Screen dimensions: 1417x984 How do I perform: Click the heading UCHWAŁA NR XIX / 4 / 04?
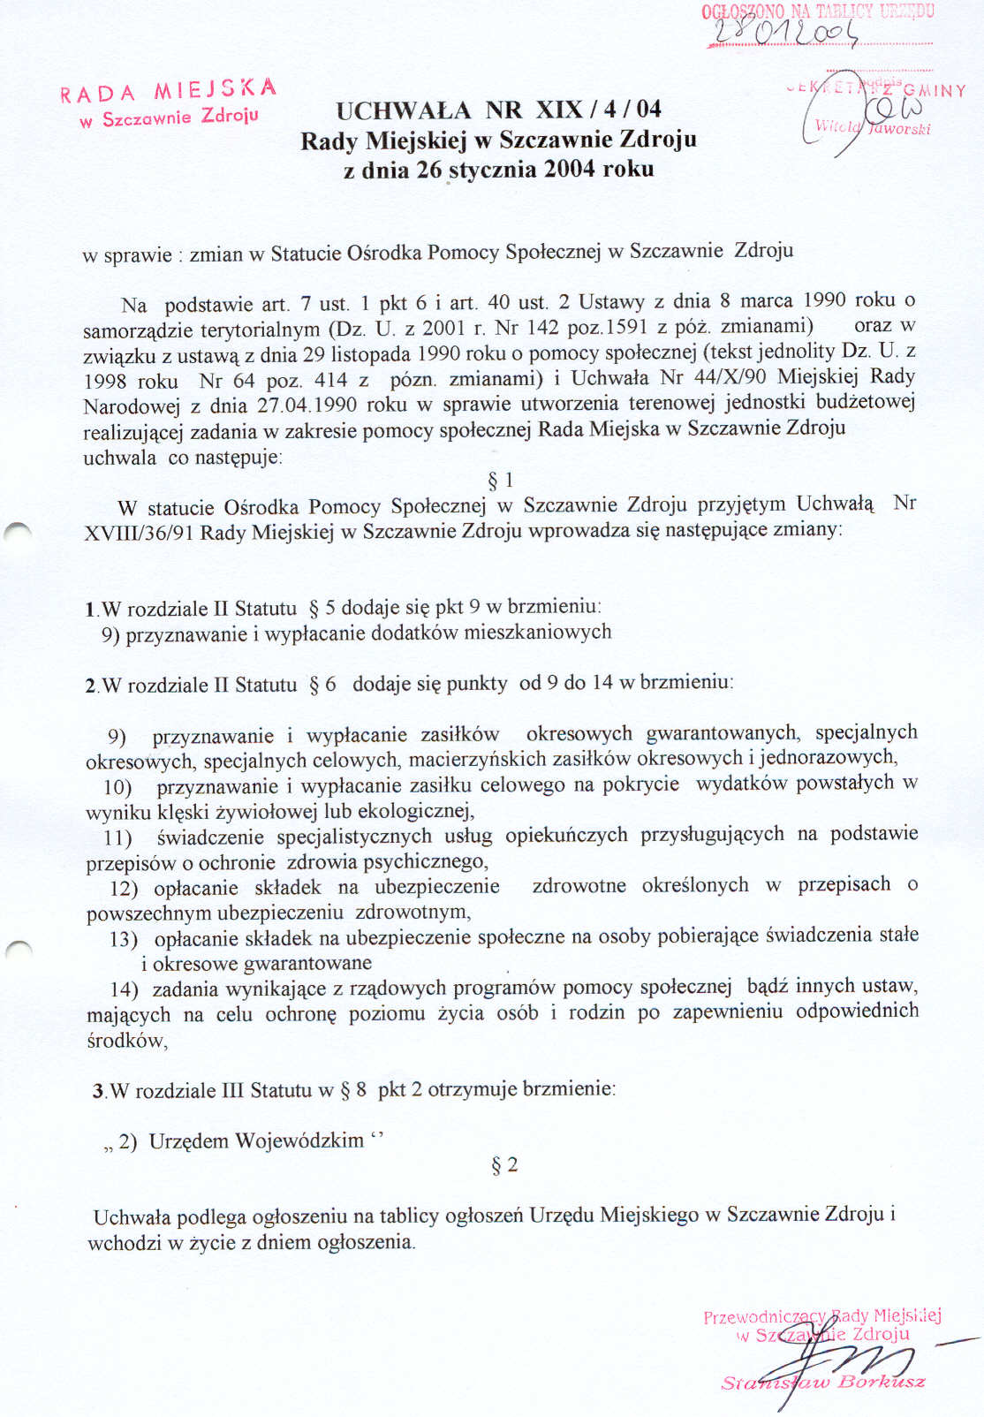498,110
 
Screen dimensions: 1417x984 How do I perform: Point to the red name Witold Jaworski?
872,127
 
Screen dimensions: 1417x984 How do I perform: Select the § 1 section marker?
500,480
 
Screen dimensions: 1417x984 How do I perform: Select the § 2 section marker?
504,1165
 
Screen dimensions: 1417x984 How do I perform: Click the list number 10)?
117,786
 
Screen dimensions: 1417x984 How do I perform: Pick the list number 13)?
124,938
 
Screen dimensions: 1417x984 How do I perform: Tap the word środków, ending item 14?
127,1040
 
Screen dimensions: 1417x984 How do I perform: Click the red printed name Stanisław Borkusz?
823,1382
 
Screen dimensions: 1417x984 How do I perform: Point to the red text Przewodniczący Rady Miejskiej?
822,1316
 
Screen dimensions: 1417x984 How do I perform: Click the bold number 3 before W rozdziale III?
98,1091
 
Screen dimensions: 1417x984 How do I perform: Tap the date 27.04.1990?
307,405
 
